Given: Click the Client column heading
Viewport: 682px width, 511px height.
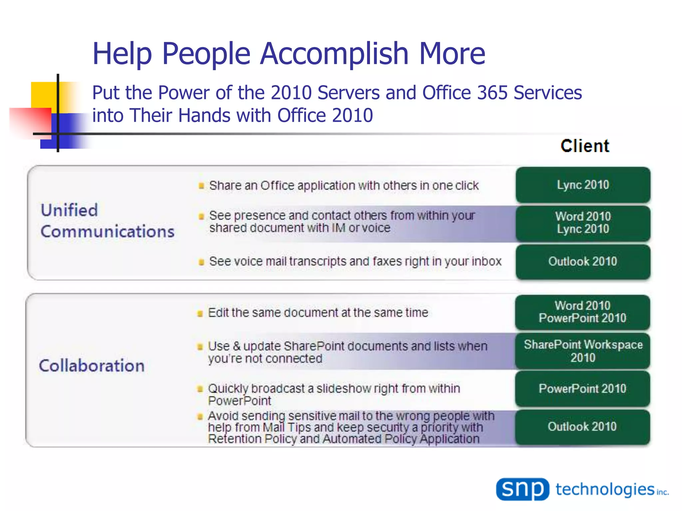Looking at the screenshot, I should click(x=585, y=146).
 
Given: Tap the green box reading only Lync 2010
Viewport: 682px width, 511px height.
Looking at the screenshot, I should click(x=583, y=185).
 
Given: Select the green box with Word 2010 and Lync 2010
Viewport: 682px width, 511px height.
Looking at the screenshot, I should click(x=583, y=223).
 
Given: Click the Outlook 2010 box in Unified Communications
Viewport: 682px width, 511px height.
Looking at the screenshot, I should click(x=583, y=262).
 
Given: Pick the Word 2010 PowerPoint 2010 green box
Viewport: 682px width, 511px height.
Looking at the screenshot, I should click(x=582, y=312).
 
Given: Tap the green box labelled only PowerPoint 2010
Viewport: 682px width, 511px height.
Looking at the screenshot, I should click(x=582, y=389).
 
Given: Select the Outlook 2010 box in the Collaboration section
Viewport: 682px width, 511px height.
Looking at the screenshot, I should click(x=582, y=427).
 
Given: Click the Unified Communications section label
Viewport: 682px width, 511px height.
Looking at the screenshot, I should click(x=107, y=221).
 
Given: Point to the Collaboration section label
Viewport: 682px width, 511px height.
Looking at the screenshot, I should click(x=92, y=366).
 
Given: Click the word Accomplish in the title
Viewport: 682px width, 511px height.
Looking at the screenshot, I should click(x=334, y=54).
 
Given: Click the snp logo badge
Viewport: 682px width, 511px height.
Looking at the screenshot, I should click(x=522, y=489).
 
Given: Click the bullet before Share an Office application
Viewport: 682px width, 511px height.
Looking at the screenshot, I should click(x=201, y=186).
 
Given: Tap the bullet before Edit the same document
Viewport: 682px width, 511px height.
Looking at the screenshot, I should click(x=200, y=313).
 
